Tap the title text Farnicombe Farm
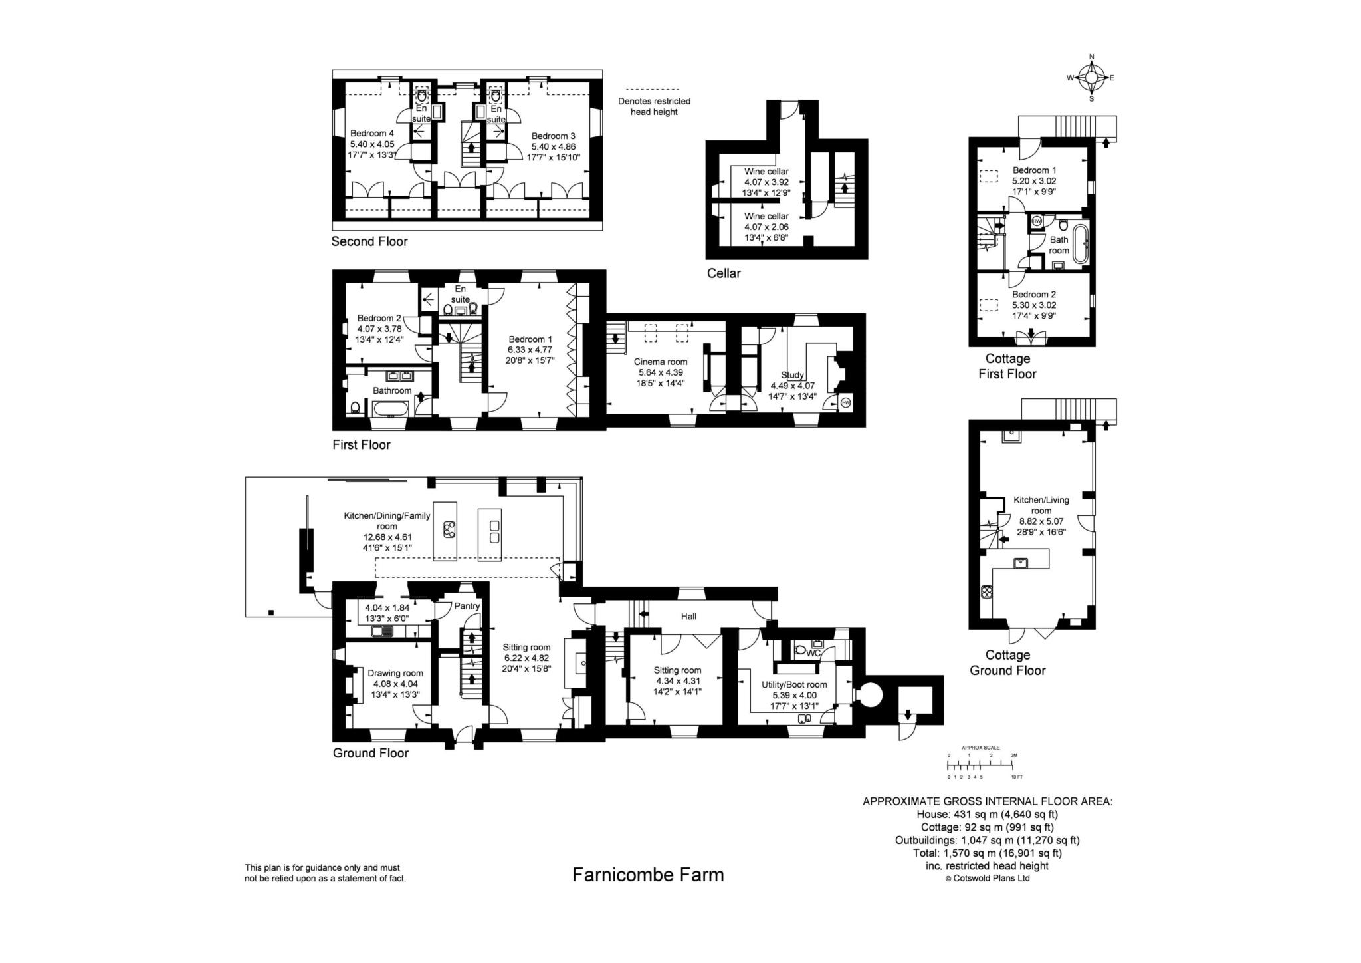648,874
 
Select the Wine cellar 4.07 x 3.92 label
766,182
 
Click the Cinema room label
661,362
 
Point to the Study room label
792,375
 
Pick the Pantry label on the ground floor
467,606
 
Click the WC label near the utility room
813,653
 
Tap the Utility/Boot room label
794,684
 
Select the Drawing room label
395,673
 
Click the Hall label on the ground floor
688,617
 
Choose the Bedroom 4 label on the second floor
372,134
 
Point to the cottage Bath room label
1059,245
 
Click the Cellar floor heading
724,273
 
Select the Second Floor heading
369,241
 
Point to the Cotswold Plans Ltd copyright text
987,878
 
